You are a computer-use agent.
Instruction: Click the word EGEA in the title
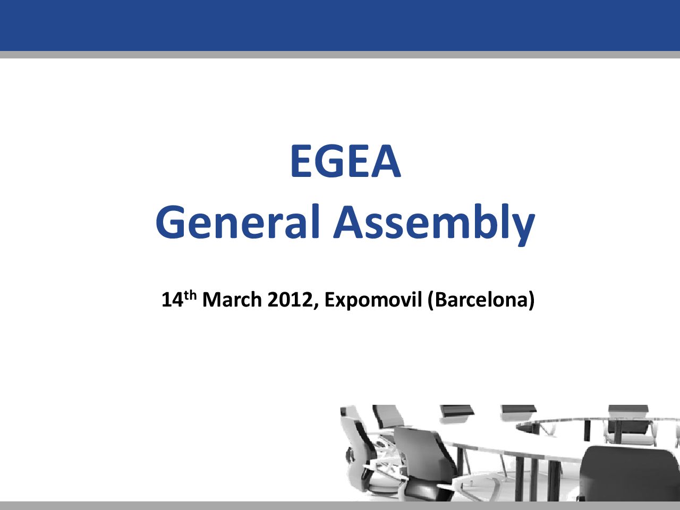click(346, 161)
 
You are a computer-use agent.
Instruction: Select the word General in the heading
click(237, 222)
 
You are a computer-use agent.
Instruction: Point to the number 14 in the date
click(172, 300)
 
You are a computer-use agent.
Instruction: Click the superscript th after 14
click(190, 296)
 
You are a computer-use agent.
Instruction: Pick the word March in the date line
click(232, 300)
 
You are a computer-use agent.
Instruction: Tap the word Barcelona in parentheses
click(481, 300)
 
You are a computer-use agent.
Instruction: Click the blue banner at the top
click(340, 25)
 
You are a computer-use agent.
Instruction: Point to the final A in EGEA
click(386, 161)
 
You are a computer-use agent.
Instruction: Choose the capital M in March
click(211, 300)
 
